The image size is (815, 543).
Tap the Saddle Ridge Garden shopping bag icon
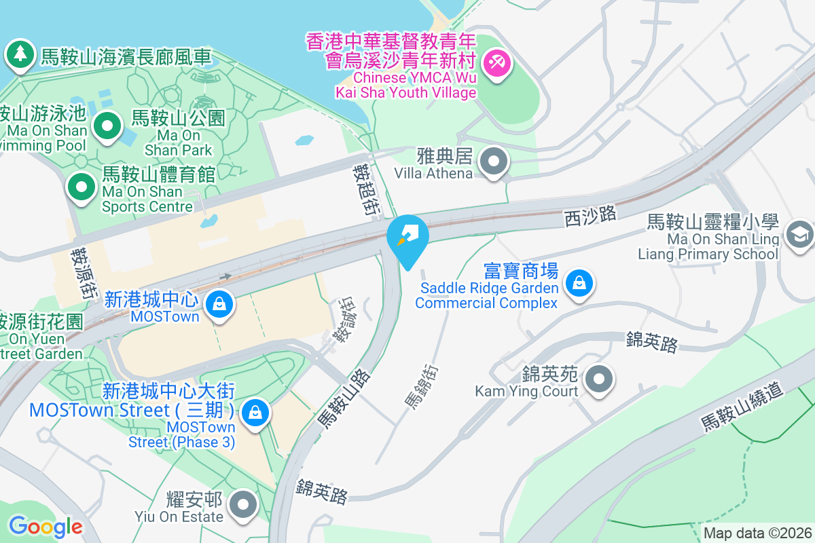click(x=579, y=282)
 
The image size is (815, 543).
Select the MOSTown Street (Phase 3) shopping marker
click(x=255, y=412)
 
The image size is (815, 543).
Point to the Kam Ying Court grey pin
click(x=598, y=379)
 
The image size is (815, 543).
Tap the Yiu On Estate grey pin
click(x=242, y=504)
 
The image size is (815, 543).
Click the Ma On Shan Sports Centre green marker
click(x=82, y=186)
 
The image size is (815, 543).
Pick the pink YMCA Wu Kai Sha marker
click(x=497, y=64)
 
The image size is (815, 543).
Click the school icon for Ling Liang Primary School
click(x=799, y=235)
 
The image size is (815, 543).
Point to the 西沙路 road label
click(x=590, y=216)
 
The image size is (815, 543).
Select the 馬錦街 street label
click(x=422, y=386)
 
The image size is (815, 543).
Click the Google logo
click(x=46, y=526)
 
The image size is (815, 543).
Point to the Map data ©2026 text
click(x=757, y=533)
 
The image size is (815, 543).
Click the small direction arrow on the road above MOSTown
click(x=225, y=276)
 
